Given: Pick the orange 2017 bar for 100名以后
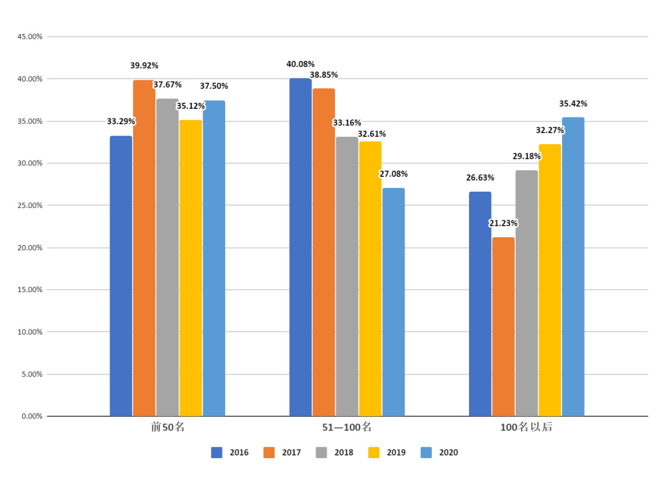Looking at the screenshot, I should (x=503, y=327).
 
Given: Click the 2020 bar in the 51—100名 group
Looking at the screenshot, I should (x=394, y=302).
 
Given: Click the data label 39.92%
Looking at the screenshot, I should (x=144, y=66).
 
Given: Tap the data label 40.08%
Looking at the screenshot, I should (x=301, y=64).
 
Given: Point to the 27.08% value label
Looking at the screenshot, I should (x=394, y=174).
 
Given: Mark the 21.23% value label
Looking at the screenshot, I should (x=503, y=223).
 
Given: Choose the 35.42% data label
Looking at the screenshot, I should (x=573, y=103).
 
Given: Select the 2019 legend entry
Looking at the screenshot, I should (x=387, y=453).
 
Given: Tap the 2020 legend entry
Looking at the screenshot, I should (x=439, y=453).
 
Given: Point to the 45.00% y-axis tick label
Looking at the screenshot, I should (x=30, y=37).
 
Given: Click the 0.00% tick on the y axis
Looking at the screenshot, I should (x=32, y=416).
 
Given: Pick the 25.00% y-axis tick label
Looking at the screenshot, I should (x=30, y=206).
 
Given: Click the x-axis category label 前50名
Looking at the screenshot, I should (x=168, y=427).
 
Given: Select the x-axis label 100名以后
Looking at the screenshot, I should (x=526, y=427).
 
